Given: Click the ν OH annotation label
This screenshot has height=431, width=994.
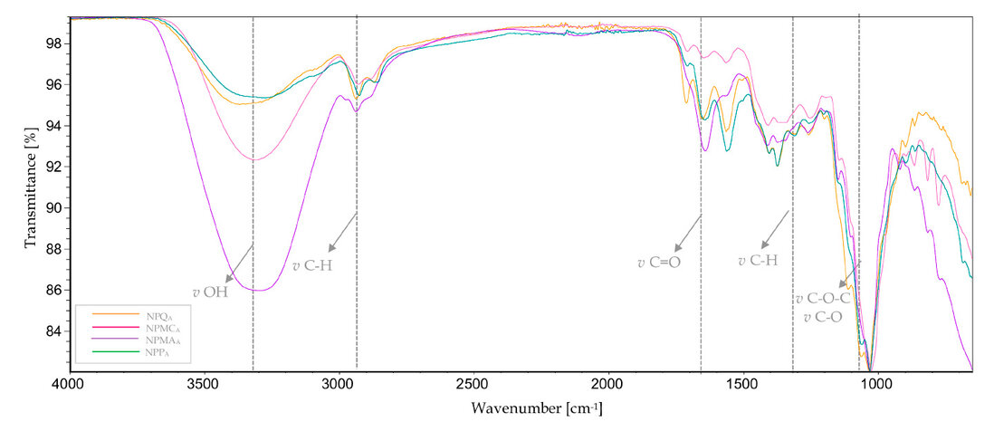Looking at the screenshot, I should (209, 292).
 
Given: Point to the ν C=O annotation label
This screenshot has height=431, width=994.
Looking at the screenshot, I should (658, 263).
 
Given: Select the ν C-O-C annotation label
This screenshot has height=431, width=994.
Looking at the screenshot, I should (822, 299).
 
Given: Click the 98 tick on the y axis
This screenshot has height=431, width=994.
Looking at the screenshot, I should (54, 43).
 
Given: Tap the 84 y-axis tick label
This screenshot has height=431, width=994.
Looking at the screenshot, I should (54, 331).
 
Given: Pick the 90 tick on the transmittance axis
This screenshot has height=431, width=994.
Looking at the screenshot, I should (54, 208).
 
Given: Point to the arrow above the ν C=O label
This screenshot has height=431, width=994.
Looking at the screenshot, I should (687, 233).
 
